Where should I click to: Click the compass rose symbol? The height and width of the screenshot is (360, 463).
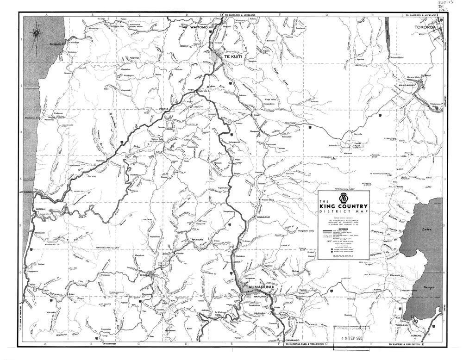coord(36,34)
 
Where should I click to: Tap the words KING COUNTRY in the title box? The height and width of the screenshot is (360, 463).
coord(343,206)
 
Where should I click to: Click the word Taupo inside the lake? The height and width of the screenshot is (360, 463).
coord(428,288)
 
